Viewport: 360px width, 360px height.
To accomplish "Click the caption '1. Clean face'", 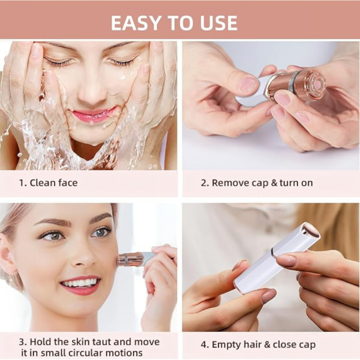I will pos(47,183).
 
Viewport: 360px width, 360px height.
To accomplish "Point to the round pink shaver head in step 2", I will pos(313,85).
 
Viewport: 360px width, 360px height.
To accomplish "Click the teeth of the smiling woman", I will pos(80,282).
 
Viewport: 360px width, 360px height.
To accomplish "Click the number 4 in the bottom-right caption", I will pos(203,344).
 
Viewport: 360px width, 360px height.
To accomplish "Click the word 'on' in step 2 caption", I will pos(307,183).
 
